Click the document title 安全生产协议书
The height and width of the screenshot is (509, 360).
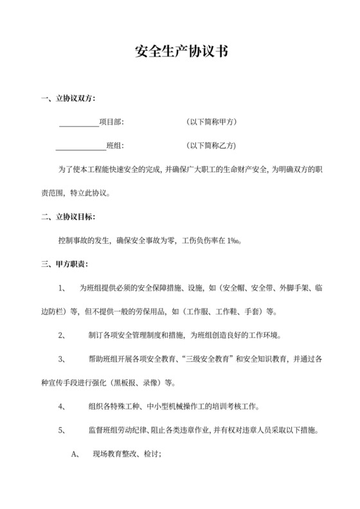pos(180,52)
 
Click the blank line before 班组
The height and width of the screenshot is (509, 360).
pos(80,145)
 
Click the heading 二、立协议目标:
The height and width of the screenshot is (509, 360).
pos(67,217)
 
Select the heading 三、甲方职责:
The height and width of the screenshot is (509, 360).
pos(64,264)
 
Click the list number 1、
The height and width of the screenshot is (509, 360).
pos(62,289)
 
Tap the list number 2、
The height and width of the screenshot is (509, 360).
pos(62,335)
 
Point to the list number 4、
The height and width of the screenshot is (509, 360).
pos(62,406)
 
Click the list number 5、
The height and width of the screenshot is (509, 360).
pos(62,430)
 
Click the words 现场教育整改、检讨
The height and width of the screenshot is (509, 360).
pos(126,454)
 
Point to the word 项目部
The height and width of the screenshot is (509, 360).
pos(111,121)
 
